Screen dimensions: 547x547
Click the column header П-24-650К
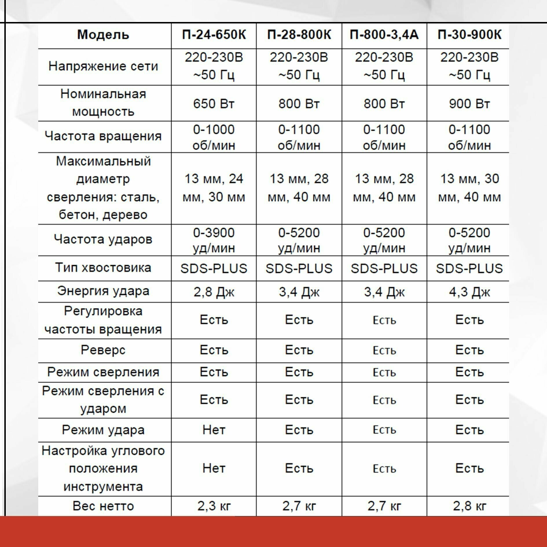[214, 35]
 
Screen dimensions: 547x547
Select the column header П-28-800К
[299, 35]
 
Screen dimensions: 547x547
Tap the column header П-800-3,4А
[384, 35]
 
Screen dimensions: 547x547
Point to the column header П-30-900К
[469, 35]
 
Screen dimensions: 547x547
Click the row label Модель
[103, 35]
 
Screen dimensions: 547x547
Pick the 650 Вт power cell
[214, 104]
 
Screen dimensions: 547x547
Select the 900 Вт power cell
[469, 104]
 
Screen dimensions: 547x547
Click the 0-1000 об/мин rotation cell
[214, 137]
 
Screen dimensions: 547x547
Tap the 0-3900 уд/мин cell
[214, 240]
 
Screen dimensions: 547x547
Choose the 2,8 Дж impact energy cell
[214, 292]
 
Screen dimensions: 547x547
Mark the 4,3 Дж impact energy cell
[469, 292]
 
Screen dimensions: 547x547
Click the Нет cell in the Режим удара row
[214, 430]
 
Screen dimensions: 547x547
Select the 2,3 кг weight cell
[214, 506]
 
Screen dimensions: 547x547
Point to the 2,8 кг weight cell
[469, 506]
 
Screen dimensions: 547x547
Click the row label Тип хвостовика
[103, 268]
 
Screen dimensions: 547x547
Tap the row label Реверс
[103, 350]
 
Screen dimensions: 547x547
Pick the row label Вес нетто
[103, 506]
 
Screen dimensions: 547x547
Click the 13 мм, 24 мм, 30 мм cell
[214, 188]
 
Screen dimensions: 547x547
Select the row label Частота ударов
[103, 240]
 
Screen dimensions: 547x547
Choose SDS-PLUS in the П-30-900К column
[469, 269]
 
